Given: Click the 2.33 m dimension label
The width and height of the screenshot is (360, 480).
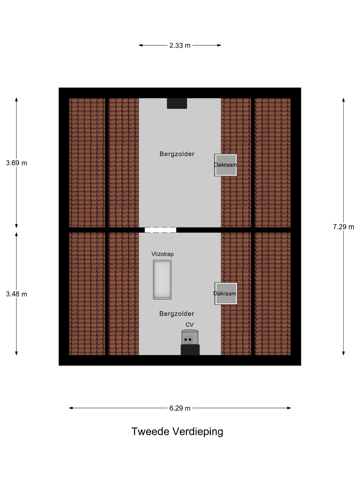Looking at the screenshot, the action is tap(180, 45).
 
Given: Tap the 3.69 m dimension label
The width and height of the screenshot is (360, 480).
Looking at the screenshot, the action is tap(16, 163).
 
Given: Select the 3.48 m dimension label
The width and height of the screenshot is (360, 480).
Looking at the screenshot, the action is tap(16, 294).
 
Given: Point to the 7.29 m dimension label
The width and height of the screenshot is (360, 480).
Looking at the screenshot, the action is tap(343, 227).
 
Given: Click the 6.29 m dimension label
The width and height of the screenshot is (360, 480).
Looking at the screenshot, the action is tap(180, 408).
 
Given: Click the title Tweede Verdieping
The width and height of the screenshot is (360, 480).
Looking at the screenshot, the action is tap(177, 431).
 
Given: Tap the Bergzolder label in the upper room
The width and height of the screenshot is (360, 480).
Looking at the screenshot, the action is tap(177, 154).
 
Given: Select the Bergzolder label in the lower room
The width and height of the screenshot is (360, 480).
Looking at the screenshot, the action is tap(176, 314).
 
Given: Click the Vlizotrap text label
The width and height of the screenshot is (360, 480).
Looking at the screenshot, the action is tap(162, 254).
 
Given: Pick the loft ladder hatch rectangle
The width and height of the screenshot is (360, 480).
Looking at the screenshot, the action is tap(162, 279).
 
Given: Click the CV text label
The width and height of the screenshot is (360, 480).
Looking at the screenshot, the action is tap(189, 325).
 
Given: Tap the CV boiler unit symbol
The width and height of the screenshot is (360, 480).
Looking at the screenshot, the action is tap(190, 337).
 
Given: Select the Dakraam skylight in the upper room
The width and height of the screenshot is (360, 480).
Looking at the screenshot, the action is tap(226, 165).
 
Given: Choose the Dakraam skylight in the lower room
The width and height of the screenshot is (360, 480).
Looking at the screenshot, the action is tap(226, 293).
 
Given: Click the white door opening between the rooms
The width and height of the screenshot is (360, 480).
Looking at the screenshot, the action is tap(160, 230).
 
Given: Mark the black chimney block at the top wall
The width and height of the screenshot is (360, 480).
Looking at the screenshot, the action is tap(177, 103).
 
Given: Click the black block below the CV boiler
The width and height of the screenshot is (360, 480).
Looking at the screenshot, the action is tap(190, 350).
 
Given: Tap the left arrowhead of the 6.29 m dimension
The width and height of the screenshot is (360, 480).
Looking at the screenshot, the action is tap(71, 408).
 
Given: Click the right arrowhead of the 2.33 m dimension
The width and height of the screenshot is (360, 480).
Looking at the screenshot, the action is tap(219, 45).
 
